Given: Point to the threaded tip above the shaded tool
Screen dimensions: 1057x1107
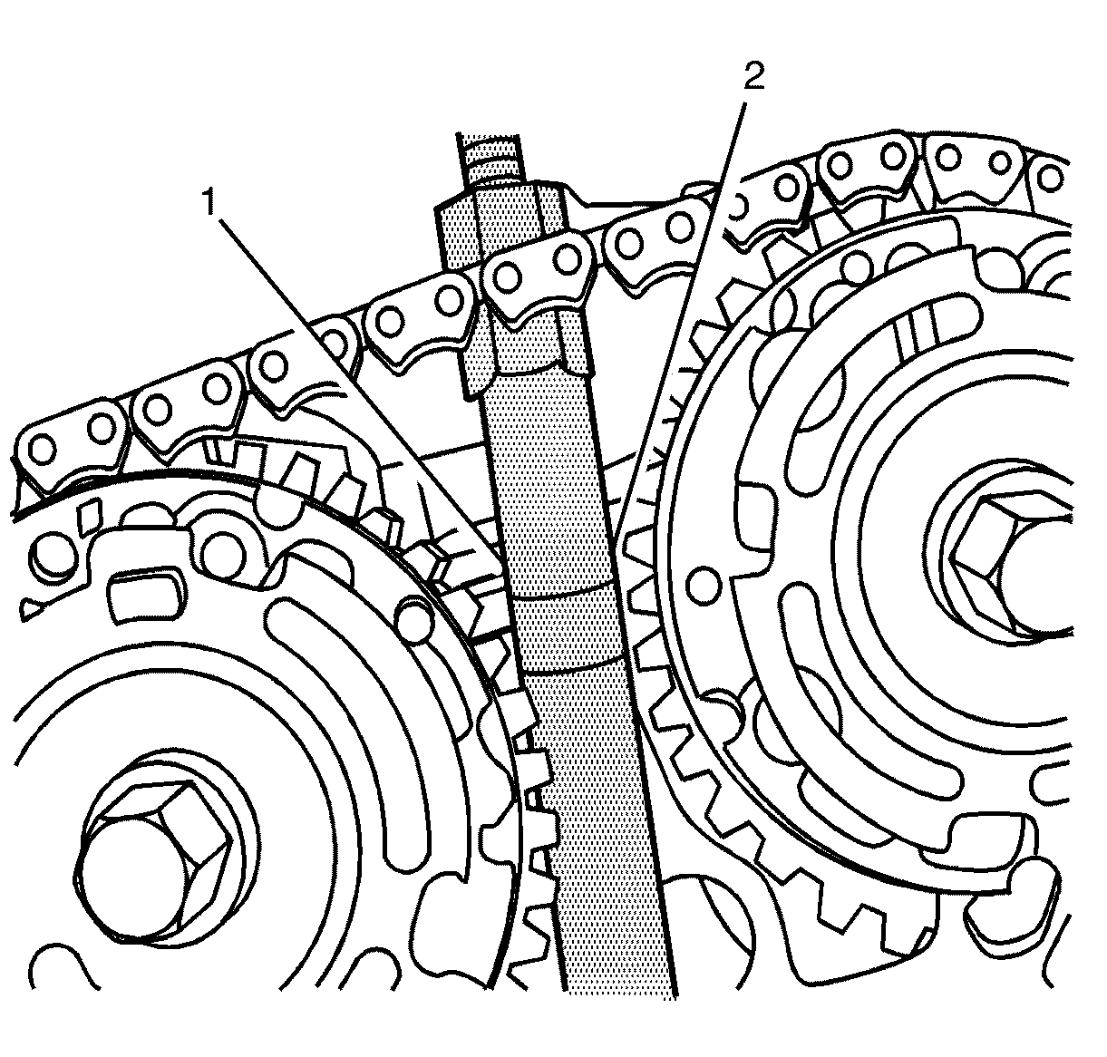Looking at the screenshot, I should [x=490, y=154].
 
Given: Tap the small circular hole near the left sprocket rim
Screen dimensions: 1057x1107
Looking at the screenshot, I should [x=416, y=617].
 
